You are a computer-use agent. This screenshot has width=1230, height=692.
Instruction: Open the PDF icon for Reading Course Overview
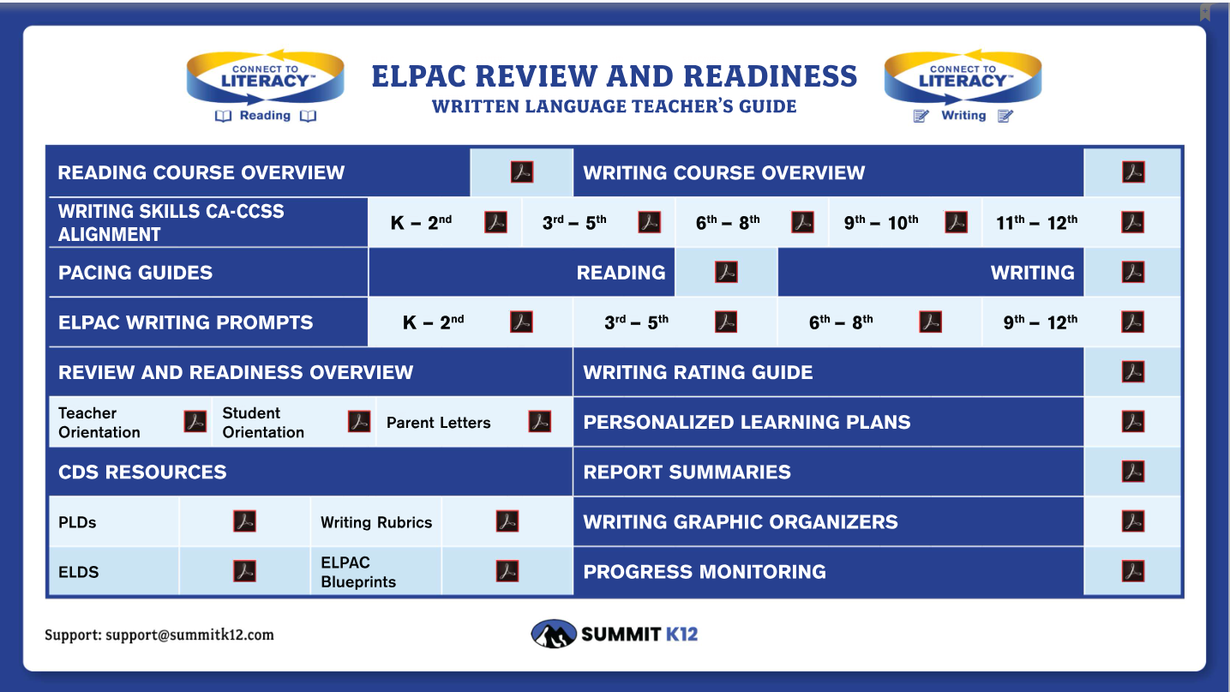click(x=522, y=171)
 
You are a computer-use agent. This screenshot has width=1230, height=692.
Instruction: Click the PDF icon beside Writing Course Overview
click(x=1133, y=171)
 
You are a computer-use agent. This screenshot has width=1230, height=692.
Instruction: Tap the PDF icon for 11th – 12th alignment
click(x=1132, y=222)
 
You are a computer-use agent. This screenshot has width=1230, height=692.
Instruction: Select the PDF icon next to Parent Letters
click(x=539, y=422)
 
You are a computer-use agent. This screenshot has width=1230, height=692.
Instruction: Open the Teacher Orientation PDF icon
click(x=195, y=422)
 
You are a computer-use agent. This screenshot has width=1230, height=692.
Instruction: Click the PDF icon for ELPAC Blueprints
click(x=507, y=571)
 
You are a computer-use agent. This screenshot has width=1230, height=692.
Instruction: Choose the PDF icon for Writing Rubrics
click(x=507, y=521)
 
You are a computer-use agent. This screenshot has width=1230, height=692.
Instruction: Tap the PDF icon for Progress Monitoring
click(x=1133, y=571)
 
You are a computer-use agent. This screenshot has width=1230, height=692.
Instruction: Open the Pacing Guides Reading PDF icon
click(x=726, y=272)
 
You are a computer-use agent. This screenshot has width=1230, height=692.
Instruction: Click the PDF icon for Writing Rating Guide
click(x=1133, y=372)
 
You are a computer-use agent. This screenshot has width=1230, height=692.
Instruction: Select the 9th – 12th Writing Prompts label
click(x=1040, y=322)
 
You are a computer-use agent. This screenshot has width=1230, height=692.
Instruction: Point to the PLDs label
click(x=77, y=522)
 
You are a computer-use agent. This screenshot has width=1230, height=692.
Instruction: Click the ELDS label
click(x=79, y=572)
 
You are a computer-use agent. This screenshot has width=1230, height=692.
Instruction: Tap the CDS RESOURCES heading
click(x=142, y=472)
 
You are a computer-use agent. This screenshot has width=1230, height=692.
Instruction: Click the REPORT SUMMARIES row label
click(x=687, y=472)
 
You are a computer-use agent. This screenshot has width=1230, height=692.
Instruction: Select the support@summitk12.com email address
click(x=189, y=635)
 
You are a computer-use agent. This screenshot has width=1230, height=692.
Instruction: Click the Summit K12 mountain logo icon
click(x=554, y=634)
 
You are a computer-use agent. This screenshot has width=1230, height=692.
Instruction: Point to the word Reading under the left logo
click(x=265, y=115)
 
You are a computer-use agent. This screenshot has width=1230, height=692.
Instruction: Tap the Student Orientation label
click(x=263, y=423)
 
